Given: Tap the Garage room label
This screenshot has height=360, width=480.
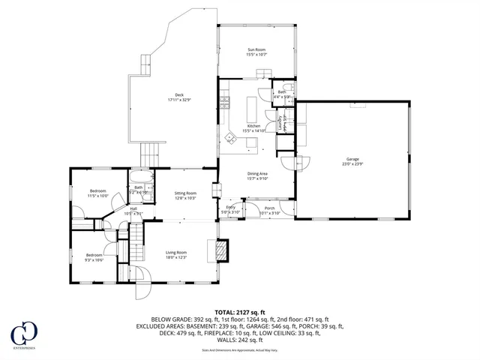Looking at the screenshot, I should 352,161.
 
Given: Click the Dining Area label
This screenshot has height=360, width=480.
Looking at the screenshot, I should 257,176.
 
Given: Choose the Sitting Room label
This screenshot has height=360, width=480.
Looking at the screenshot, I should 185,195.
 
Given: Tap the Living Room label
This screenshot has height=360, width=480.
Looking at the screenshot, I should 176,254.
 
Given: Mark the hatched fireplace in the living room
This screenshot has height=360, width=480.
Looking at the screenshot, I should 221,250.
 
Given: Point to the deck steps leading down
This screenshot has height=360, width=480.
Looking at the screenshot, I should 151,154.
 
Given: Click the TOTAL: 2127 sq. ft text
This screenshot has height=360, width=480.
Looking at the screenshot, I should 239,311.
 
